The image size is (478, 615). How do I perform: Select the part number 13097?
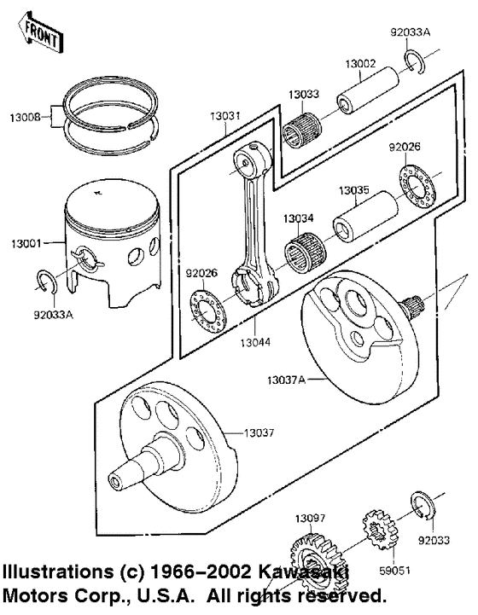(x=312, y=518)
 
